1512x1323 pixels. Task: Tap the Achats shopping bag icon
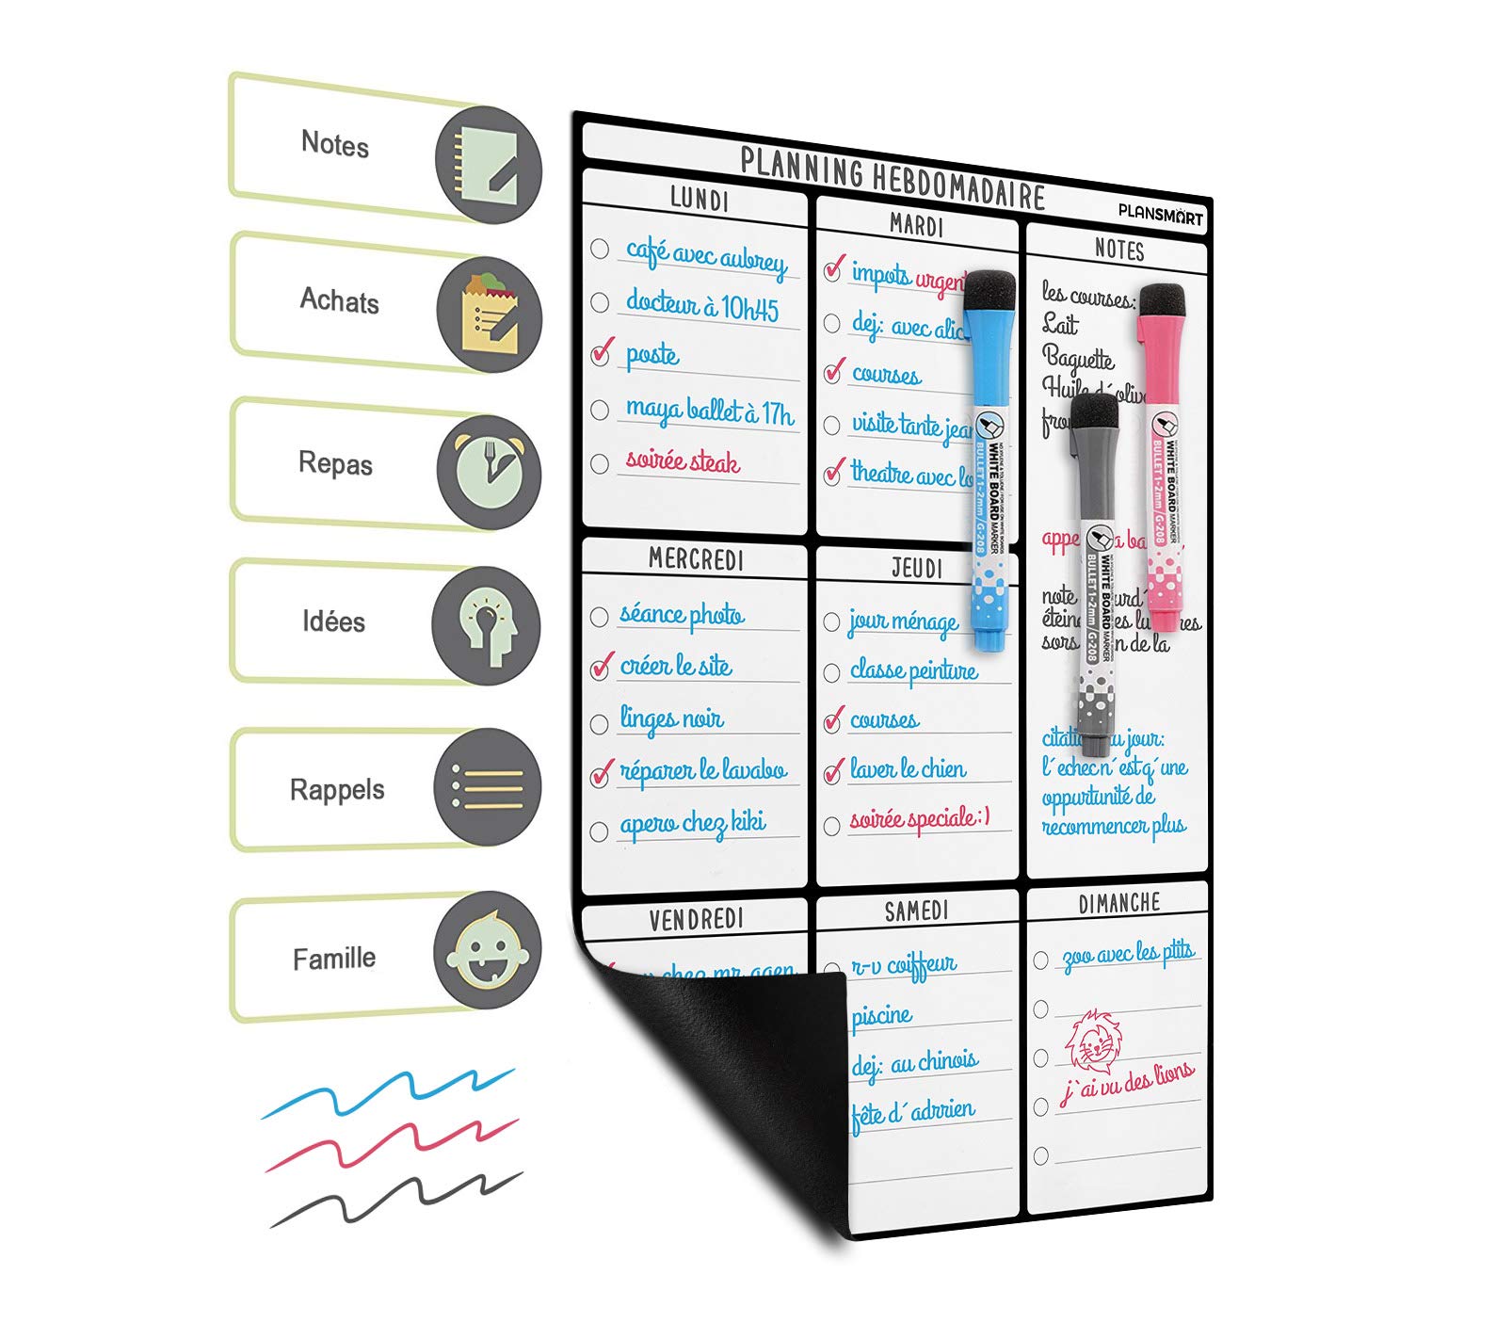[x=489, y=314]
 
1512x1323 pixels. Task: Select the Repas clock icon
[x=489, y=470]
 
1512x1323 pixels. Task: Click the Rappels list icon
[x=488, y=786]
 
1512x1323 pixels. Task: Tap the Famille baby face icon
[x=488, y=950]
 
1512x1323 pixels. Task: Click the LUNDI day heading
[x=699, y=200]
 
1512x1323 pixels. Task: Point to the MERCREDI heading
[x=696, y=559]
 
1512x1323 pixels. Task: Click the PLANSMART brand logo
[x=1160, y=214]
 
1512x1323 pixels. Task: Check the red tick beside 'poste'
[x=603, y=352]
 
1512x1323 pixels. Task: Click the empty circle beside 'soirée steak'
[x=600, y=463]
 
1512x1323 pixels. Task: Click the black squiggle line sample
[x=395, y=1200]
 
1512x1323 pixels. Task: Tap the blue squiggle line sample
[x=388, y=1092]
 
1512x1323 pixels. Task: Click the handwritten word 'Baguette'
[x=1078, y=359]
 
